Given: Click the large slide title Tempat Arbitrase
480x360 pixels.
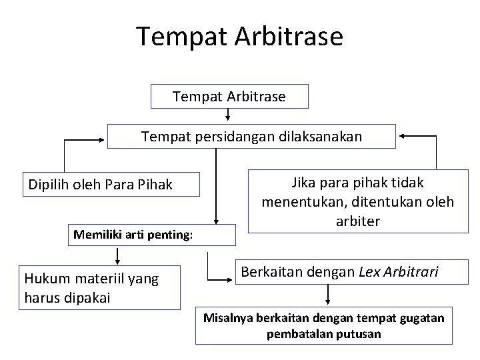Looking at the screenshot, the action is pos(240,36).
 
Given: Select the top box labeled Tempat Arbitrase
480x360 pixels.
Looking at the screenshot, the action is pos(229,97).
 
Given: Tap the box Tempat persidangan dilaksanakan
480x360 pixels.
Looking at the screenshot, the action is pos(251,137).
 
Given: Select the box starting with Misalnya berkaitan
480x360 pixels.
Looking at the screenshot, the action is pos(323,325).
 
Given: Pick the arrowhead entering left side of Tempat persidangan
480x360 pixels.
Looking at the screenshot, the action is pos(103,139).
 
